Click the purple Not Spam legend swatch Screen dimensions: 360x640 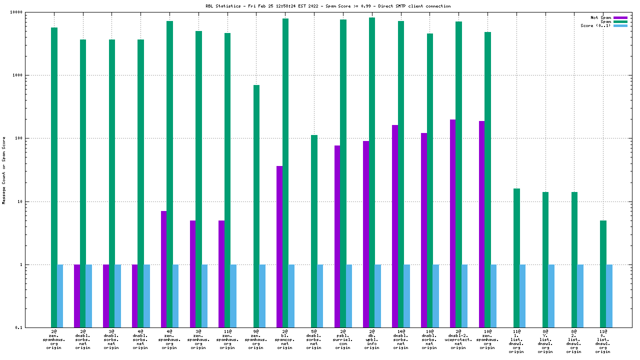[x=620, y=17]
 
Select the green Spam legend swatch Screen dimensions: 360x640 [x=620, y=21]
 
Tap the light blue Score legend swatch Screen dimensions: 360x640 [x=620, y=25]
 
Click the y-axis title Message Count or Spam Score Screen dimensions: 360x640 [x=4, y=170]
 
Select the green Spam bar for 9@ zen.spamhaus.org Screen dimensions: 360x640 [x=256, y=206]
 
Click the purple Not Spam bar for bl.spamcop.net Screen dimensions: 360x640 [x=279, y=246]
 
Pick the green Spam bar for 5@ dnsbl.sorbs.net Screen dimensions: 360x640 [x=314, y=231]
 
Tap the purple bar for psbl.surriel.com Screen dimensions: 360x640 [x=337, y=236]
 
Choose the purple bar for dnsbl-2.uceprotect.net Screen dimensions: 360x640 [x=452, y=223]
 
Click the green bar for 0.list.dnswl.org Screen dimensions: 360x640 [x=603, y=274]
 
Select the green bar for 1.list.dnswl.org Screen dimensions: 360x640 [x=516, y=258]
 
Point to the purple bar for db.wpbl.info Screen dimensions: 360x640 [x=366, y=234]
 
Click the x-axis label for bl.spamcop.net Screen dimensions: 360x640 [x=285, y=339]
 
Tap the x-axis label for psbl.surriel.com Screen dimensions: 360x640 [x=343, y=339]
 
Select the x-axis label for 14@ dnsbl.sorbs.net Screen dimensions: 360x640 [x=400, y=339]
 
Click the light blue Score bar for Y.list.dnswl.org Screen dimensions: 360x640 [x=551, y=296]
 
